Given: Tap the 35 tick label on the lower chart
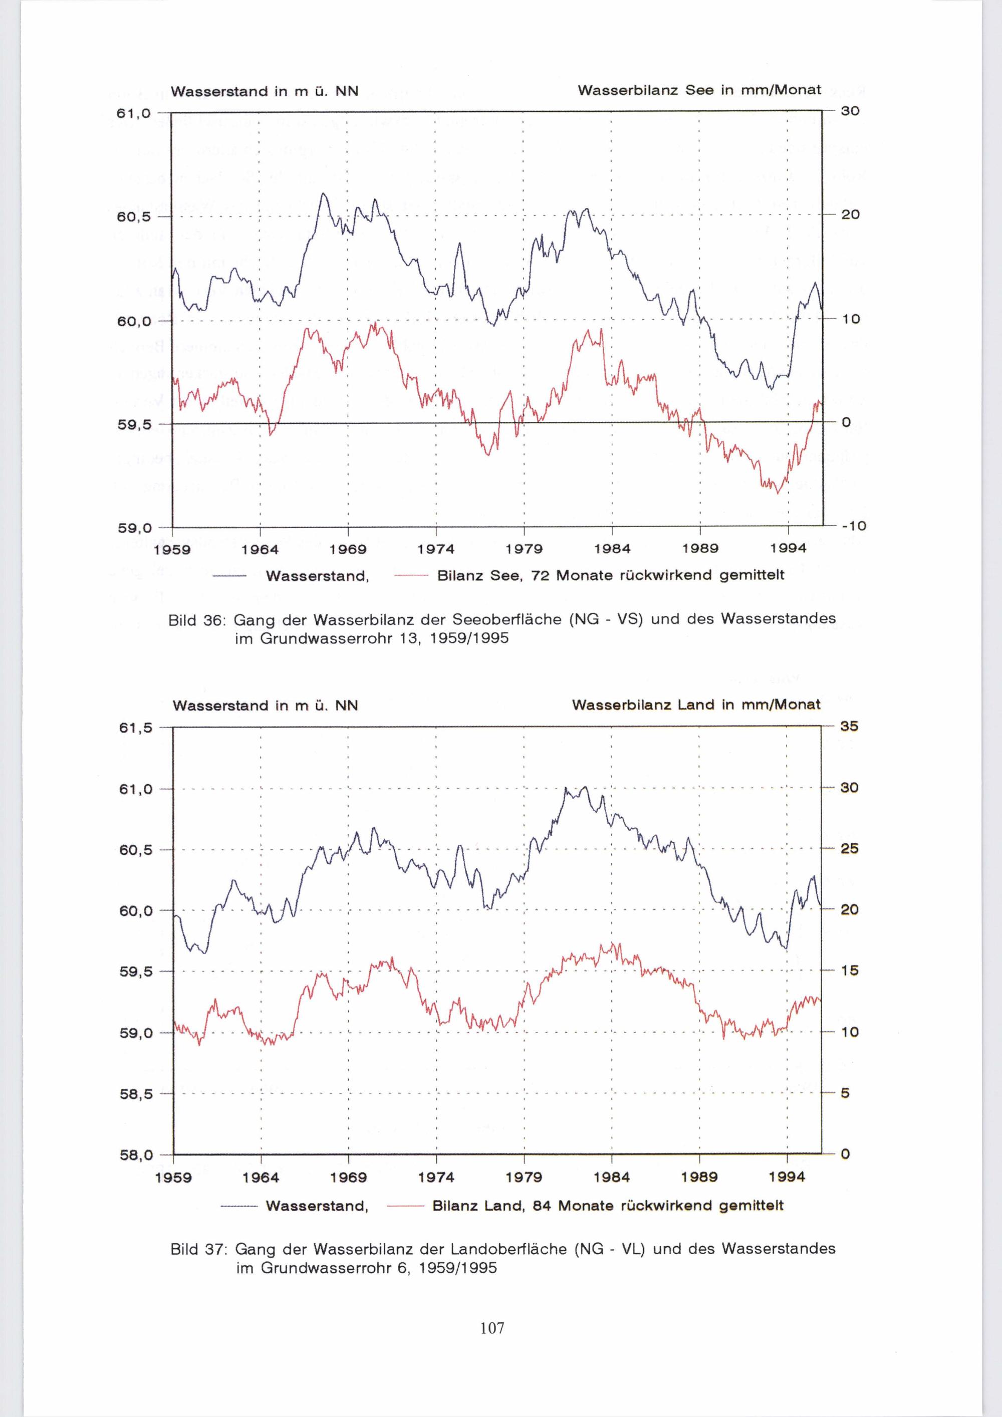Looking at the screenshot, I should coord(849,727).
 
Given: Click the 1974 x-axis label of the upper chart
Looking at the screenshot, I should coord(436,549).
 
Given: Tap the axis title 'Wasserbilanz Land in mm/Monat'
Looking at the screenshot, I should coord(696,705).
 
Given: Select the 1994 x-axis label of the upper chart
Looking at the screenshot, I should coord(788,549).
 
